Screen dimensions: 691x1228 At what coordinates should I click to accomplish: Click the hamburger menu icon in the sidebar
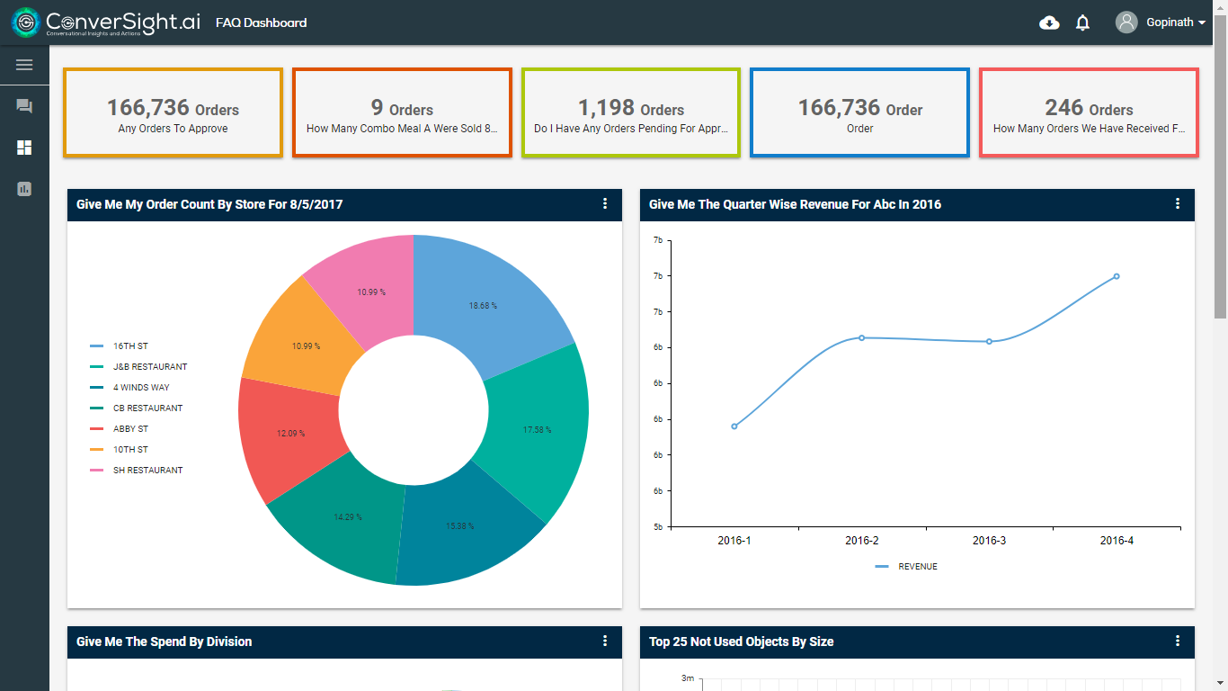click(x=24, y=65)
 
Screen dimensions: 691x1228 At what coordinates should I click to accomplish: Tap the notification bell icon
click(x=1082, y=23)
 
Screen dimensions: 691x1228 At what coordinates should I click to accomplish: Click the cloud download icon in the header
click(x=1049, y=23)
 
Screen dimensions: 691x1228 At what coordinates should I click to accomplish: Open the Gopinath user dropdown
click(x=1161, y=22)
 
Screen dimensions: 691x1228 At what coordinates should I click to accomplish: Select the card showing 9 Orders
click(x=402, y=113)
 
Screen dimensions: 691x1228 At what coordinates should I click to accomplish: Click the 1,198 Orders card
click(x=630, y=113)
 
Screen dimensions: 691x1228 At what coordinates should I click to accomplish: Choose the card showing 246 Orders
click(x=1088, y=113)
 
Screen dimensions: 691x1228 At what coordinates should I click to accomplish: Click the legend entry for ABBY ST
click(x=130, y=429)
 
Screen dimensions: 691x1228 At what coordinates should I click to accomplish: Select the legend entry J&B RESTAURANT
click(x=149, y=367)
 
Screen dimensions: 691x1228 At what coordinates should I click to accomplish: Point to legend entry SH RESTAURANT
click(x=147, y=471)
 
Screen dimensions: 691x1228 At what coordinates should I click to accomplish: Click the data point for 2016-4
click(x=1117, y=276)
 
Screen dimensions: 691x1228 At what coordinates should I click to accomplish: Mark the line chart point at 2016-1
click(x=734, y=426)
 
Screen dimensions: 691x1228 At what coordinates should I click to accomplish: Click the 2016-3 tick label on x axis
click(x=989, y=541)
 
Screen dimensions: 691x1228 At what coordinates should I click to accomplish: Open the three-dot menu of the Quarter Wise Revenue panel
click(x=1178, y=204)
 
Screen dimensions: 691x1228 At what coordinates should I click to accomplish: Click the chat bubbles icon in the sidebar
click(x=24, y=106)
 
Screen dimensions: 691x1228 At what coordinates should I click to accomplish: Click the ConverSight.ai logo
click(x=106, y=22)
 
